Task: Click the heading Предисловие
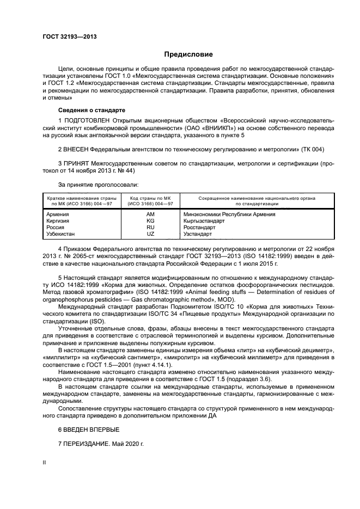pos(185,54)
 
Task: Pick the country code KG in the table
pos(151,221)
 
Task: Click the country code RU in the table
pos(151,228)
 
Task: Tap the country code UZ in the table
pos(151,234)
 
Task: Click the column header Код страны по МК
pos(151,198)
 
